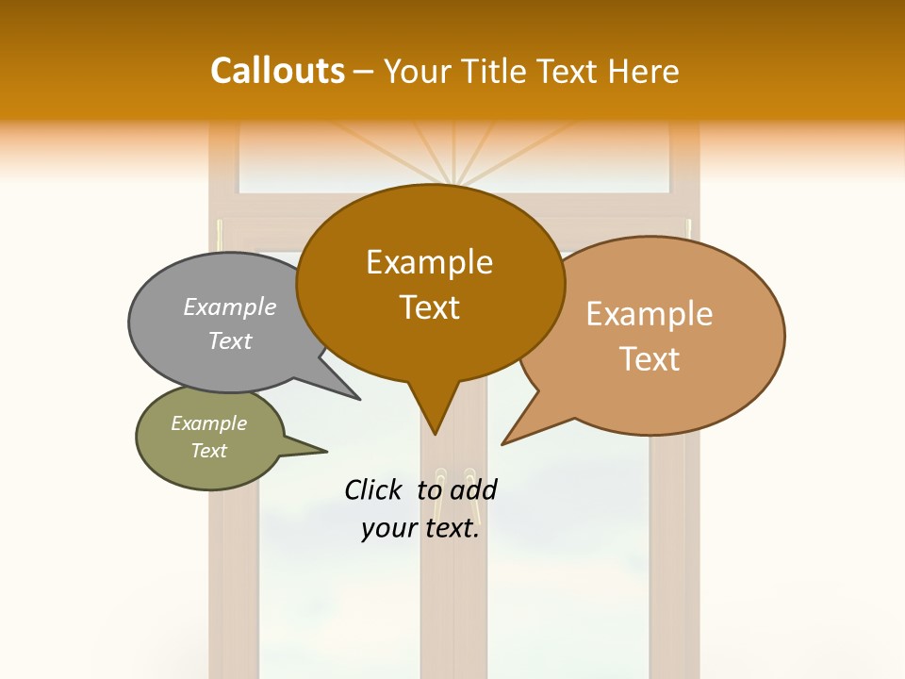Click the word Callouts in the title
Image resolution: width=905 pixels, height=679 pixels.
click(x=277, y=71)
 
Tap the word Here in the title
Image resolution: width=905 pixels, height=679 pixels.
click(x=644, y=71)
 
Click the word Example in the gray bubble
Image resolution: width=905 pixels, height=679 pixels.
click(x=230, y=307)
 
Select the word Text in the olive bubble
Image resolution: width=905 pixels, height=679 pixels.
click(x=209, y=451)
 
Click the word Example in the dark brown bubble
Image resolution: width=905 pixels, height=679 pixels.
click(x=429, y=262)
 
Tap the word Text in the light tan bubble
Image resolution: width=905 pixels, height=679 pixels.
click(x=650, y=359)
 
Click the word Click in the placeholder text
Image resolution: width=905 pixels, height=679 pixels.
click(x=375, y=489)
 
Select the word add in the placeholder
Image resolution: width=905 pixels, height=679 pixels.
click(x=473, y=489)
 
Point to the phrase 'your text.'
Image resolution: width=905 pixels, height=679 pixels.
click(x=420, y=529)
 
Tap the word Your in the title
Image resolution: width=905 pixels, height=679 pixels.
click(x=420, y=71)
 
